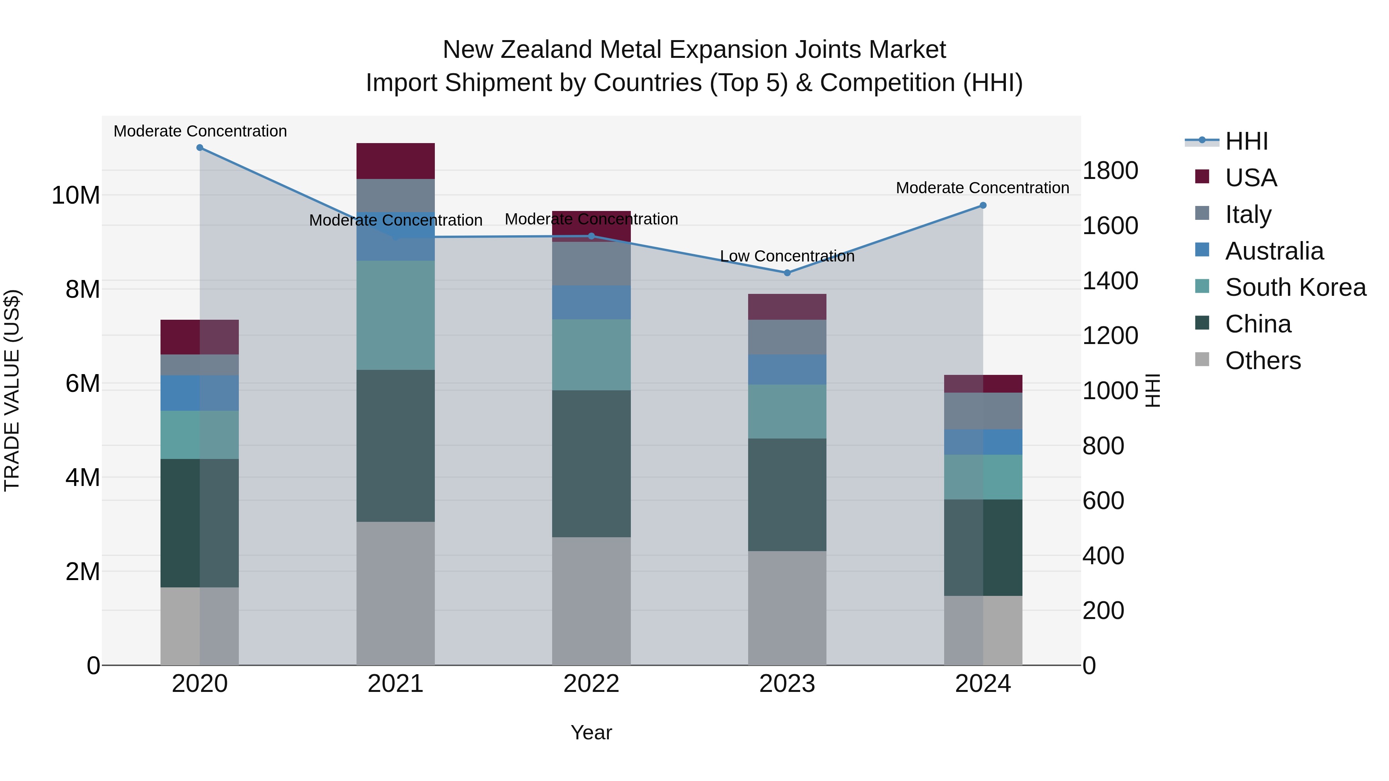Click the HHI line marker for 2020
coord(200,148)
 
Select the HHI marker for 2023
coord(787,273)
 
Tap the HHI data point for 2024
coord(983,205)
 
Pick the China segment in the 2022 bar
coord(591,464)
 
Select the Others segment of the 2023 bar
coord(787,608)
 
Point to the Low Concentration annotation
coord(787,256)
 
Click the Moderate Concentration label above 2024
coord(982,188)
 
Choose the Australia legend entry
coord(1274,251)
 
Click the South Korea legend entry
coord(1295,287)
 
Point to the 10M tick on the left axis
coord(76,195)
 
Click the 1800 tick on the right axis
coord(1110,171)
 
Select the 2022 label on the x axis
coord(591,684)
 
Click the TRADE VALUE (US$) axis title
coord(12,390)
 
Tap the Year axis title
coord(591,732)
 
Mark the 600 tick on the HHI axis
coord(1103,501)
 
